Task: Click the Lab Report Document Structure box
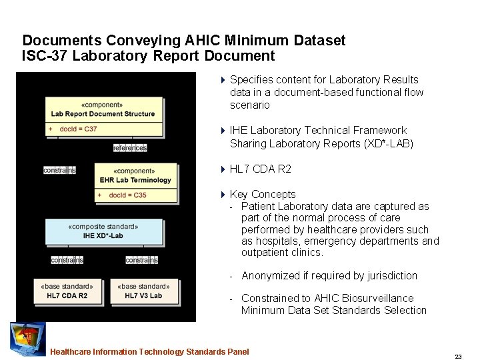point(103,109)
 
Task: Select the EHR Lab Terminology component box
point(136,175)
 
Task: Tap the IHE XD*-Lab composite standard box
point(104,231)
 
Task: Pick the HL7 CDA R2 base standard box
point(67,291)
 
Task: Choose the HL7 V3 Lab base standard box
point(143,291)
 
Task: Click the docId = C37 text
point(78,129)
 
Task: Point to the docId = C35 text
point(127,195)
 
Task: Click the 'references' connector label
point(130,148)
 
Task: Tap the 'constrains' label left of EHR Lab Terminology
point(59,170)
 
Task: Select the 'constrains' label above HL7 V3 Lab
point(141,260)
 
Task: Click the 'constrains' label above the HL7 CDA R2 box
point(67,260)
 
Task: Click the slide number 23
point(458,357)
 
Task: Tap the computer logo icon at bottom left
point(27,339)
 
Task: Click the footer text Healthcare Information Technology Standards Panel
point(149,352)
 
